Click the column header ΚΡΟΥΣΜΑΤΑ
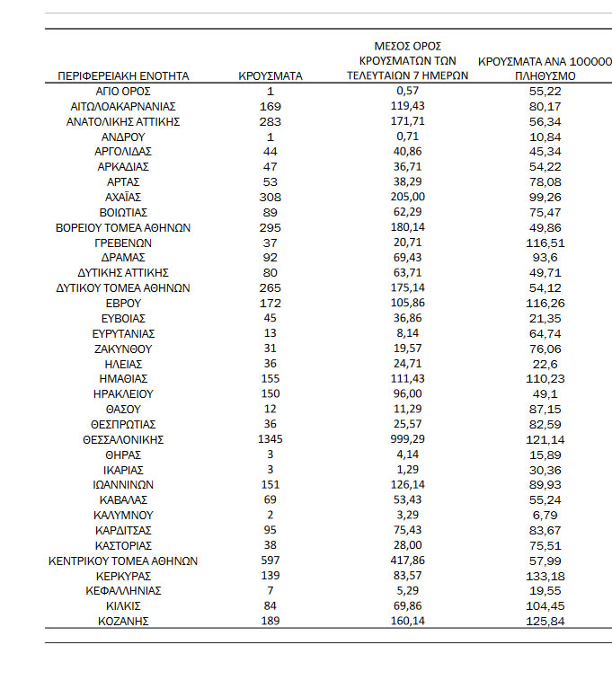271,76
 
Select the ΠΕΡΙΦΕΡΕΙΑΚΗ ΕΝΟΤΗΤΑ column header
123,76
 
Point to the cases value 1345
271,440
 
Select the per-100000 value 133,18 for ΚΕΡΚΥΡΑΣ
545,576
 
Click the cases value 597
271,561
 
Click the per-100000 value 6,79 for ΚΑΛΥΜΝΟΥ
545,516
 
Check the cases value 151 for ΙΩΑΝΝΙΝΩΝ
271,485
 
